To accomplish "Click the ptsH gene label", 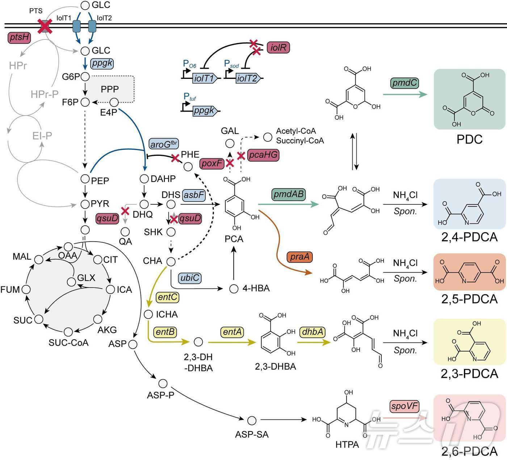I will click(x=19, y=37).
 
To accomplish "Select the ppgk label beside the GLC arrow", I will click(x=102, y=63).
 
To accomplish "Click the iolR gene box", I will click(x=278, y=47).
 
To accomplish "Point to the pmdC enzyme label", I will click(x=405, y=83).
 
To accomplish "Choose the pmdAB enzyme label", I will click(x=288, y=194).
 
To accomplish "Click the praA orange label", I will click(x=299, y=257).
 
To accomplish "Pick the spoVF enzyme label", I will click(x=405, y=406).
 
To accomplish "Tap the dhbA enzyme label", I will click(x=313, y=332).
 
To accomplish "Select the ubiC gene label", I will click(x=189, y=278).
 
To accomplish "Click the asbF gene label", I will click(x=194, y=195).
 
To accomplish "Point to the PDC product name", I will click(x=469, y=140).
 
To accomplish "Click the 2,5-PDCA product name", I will click(x=469, y=299).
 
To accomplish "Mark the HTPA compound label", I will click(x=347, y=444).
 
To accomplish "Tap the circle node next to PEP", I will click(x=85, y=178).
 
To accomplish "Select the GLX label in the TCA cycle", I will click(x=86, y=278).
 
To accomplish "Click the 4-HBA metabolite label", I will click(x=256, y=288).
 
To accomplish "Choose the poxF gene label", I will click(x=211, y=163).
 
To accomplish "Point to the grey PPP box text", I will click(x=110, y=89).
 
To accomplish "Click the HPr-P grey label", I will click(x=44, y=94).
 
